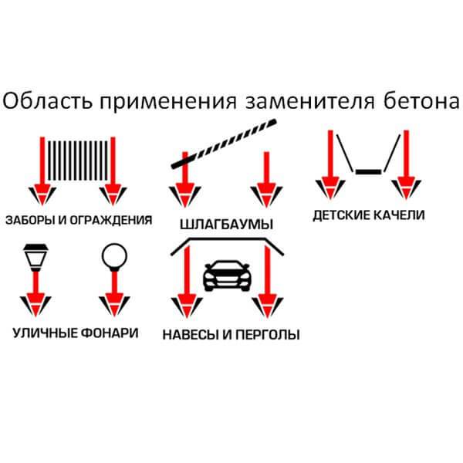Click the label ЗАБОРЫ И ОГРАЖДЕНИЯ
tap(77, 220)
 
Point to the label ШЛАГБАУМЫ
tap(225, 225)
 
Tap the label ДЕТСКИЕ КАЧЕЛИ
tap(368, 215)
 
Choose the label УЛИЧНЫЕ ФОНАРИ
tap(76, 333)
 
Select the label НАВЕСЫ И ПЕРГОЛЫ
tap(231, 335)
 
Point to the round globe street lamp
tap(113, 255)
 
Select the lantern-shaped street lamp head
tap(32, 254)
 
